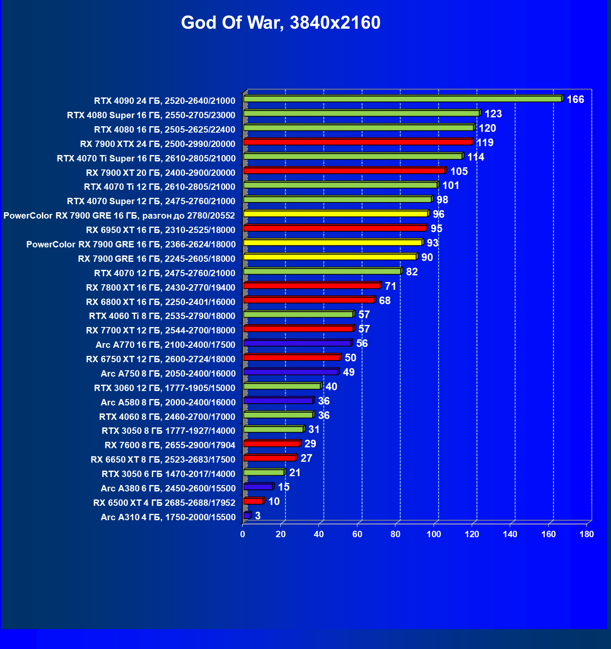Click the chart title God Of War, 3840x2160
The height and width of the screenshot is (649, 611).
pyautogui.click(x=281, y=22)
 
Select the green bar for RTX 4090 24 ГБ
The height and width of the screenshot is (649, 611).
pyautogui.click(x=402, y=99)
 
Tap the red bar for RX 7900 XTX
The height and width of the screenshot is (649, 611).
pyautogui.click(x=358, y=142)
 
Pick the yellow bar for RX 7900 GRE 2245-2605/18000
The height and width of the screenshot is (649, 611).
pyautogui.click(x=330, y=257)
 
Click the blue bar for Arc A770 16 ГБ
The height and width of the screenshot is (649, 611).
pyautogui.click(x=297, y=343)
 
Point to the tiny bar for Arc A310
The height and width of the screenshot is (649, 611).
pyautogui.click(x=246, y=516)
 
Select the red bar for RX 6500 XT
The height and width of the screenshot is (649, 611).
pyautogui.click(x=253, y=502)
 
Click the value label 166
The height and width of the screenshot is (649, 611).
pyautogui.click(x=575, y=100)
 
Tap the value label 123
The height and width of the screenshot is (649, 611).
pyautogui.click(x=493, y=114)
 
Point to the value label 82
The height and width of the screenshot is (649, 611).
pyautogui.click(x=412, y=272)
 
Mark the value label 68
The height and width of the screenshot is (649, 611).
pyautogui.click(x=384, y=301)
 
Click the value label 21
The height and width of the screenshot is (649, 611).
pyautogui.click(x=295, y=473)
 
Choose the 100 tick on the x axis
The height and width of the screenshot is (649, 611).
pyautogui.click(x=434, y=534)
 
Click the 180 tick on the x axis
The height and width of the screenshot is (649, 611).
pyautogui.click(x=586, y=534)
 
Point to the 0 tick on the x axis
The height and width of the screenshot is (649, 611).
pyautogui.click(x=243, y=534)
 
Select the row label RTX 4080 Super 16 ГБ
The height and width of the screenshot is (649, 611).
pyautogui.click(x=151, y=115)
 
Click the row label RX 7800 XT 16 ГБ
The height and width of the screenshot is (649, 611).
pyautogui.click(x=160, y=288)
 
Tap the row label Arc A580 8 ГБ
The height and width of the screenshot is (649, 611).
pyautogui.click(x=168, y=402)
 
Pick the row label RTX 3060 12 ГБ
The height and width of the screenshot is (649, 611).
pyautogui.click(x=164, y=388)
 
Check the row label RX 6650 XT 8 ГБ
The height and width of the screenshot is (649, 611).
pyautogui.click(x=163, y=460)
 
